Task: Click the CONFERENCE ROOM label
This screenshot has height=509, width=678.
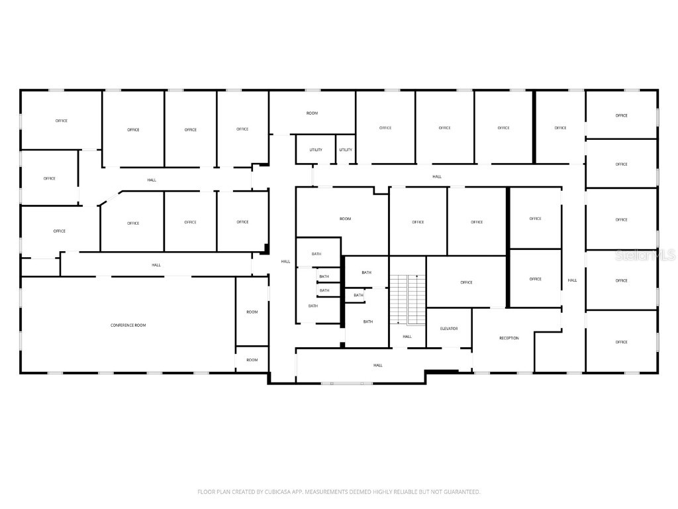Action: pyautogui.click(x=128, y=325)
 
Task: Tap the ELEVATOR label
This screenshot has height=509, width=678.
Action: pyautogui.click(x=449, y=329)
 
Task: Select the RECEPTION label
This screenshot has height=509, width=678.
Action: pyautogui.click(x=508, y=339)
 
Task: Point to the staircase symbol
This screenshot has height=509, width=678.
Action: pyautogui.click(x=407, y=300)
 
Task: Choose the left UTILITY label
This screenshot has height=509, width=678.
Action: pyautogui.click(x=316, y=150)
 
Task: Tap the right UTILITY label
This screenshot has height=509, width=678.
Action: pyautogui.click(x=346, y=150)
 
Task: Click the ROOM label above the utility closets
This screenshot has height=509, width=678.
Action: pyautogui.click(x=312, y=113)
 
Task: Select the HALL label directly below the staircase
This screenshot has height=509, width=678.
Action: pyautogui.click(x=407, y=337)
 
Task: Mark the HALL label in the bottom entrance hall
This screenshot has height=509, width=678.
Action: pyautogui.click(x=377, y=365)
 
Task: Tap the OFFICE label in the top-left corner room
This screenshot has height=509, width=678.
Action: pyautogui.click(x=61, y=121)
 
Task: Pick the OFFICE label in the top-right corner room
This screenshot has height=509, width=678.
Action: pyautogui.click(x=621, y=115)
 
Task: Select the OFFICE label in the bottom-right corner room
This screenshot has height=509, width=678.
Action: pyautogui.click(x=621, y=342)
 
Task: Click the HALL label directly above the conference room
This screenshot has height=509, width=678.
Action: pyautogui.click(x=156, y=265)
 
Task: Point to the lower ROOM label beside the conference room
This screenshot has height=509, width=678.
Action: pyautogui.click(x=252, y=360)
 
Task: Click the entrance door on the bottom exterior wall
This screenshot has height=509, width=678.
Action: pyautogui.click(x=346, y=383)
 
